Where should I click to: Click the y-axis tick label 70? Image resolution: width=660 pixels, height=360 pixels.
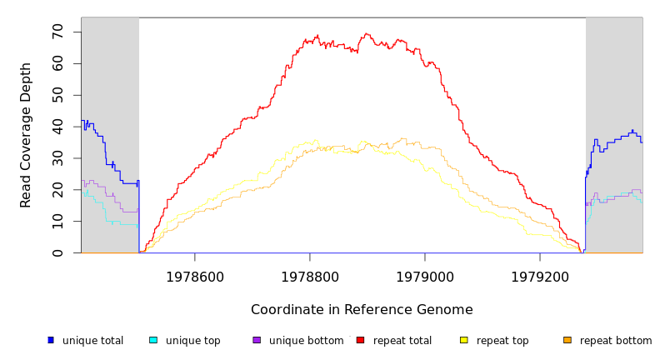(x=57, y=32)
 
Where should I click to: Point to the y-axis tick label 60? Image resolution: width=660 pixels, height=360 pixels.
(x=57, y=63)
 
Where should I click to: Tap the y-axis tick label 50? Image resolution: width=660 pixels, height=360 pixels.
(x=57, y=95)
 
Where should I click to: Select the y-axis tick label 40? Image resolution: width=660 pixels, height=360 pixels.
(x=57, y=127)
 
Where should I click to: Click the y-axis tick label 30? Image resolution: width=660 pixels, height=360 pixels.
(x=57, y=158)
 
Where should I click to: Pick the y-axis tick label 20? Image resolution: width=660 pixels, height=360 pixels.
(x=57, y=190)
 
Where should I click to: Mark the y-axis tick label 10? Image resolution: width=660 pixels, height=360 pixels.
(x=57, y=222)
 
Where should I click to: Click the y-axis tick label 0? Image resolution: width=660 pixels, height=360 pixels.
(x=57, y=252)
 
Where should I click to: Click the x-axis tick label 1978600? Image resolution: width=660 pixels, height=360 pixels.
(x=195, y=277)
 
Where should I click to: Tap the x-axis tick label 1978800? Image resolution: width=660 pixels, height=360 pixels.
(x=310, y=277)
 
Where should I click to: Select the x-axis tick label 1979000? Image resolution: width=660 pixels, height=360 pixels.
(x=425, y=277)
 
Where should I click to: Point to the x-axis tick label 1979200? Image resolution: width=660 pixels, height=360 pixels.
(x=540, y=277)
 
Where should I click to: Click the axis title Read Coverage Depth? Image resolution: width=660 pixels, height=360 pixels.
(x=27, y=135)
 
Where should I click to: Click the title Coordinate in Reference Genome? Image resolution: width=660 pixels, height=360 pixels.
(x=362, y=310)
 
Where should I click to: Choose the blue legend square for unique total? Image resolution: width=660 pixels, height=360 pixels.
(x=51, y=340)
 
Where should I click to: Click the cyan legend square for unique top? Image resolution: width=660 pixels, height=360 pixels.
(x=153, y=340)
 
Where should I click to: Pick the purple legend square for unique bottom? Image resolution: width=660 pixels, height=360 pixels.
(x=257, y=340)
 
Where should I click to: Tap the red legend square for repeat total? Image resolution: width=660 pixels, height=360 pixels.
(x=360, y=340)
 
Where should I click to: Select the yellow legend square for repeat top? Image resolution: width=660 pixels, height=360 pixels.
(x=464, y=340)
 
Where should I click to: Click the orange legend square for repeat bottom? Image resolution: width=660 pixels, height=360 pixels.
(x=567, y=340)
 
